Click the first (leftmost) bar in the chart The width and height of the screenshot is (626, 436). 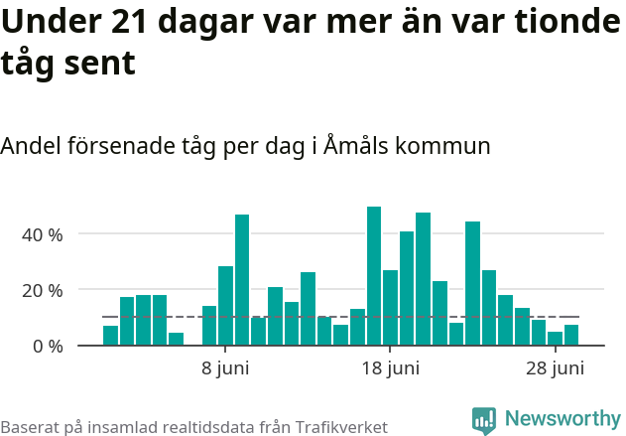tap(110, 336)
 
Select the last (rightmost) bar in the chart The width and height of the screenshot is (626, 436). tap(571, 336)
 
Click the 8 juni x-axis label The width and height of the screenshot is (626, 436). tap(225, 368)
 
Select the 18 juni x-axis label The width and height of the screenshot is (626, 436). tap(390, 368)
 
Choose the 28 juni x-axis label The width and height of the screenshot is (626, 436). tap(555, 368)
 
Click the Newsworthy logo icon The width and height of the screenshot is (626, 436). tap(483, 420)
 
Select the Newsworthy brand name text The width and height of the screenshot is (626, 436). tap(562, 419)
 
